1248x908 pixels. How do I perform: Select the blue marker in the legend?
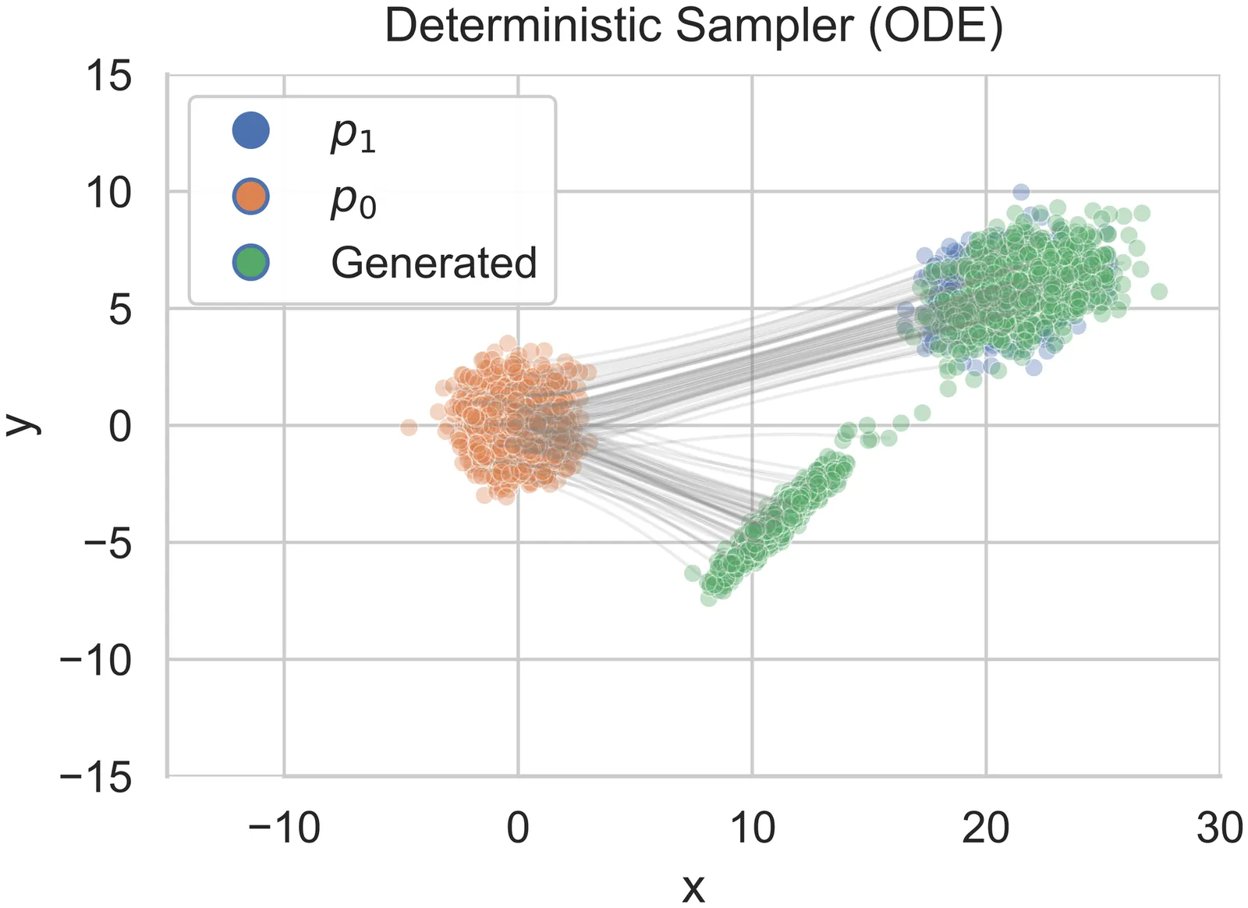(250, 130)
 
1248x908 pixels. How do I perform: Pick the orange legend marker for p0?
(250, 197)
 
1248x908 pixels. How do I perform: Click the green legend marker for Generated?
(250, 262)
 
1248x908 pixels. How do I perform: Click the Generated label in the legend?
(434, 263)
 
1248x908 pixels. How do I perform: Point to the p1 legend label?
(353, 134)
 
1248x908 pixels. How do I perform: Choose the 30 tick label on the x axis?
(1219, 828)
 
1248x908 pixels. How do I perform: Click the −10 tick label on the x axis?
(283, 828)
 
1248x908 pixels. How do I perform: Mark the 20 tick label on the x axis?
(985, 828)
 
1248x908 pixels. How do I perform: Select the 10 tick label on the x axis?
(752, 828)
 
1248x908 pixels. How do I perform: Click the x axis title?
(693, 887)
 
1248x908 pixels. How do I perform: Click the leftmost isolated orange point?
(409, 427)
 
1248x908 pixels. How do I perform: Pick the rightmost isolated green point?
(1159, 291)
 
